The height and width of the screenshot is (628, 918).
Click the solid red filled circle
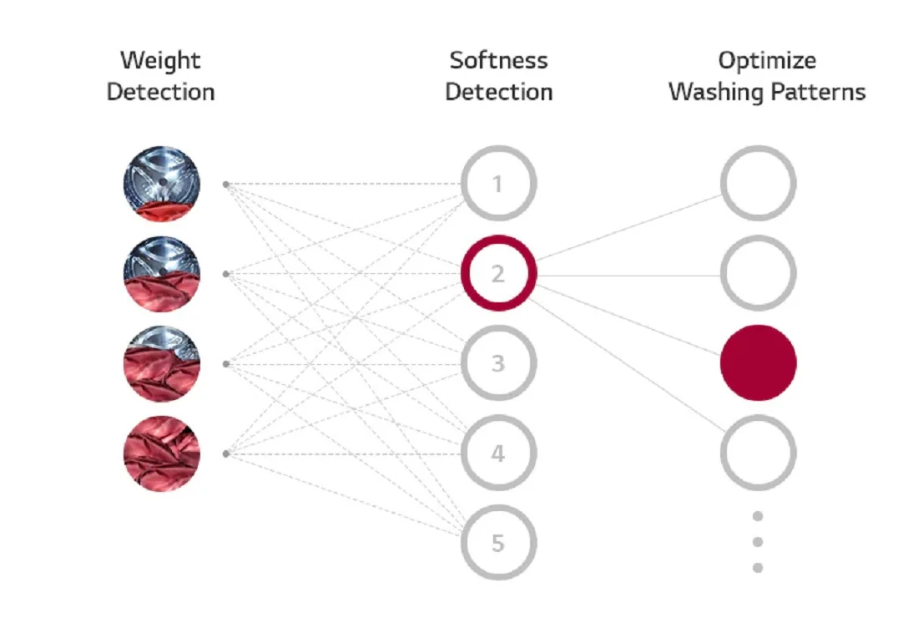pos(758,363)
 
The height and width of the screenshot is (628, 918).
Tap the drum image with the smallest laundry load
pos(162,184)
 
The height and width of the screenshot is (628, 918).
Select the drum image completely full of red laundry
pos(162,453)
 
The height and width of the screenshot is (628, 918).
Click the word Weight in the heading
pos(160,60)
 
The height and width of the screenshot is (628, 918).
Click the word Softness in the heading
pos(499,60)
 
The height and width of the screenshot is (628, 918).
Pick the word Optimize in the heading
pos(767,61)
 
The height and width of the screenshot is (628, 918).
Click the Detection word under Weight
pos(161,92)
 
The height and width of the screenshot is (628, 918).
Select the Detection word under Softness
pos(499,92)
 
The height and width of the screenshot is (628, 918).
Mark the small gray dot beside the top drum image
pos(226,185)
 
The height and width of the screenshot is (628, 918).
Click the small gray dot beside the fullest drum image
pos(226,454)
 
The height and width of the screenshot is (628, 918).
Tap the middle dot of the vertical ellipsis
pos(758,542)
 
